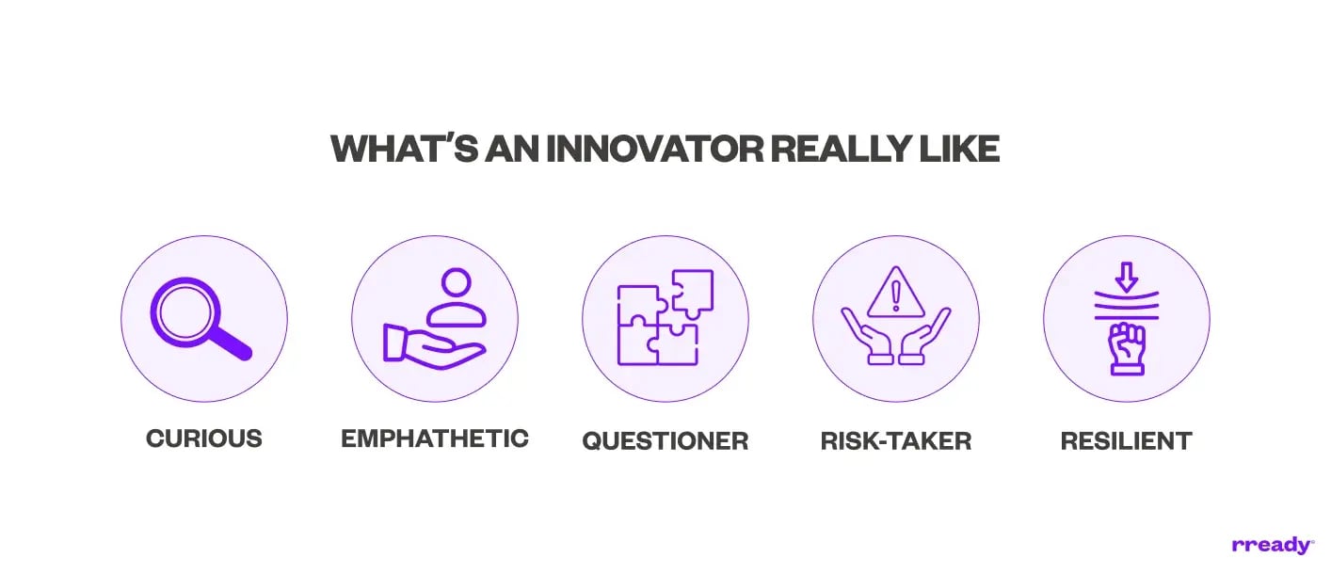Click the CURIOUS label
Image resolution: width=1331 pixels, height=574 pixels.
click(204, 438)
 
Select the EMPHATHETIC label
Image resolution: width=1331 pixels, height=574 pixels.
click(435, 438)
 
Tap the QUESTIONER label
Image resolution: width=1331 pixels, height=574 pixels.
click(665, 440)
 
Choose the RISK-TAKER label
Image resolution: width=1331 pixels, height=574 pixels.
click(895, 440)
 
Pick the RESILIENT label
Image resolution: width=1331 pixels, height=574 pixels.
click(1126, 440)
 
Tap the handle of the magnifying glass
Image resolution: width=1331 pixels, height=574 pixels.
click(233, 345)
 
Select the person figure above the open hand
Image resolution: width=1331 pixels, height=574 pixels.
click(456, 296)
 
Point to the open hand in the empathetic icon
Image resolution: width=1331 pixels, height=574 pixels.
click(433, 343)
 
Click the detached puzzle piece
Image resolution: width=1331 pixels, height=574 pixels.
click(693, 291)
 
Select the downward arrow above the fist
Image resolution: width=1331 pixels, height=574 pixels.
click(1127, 277)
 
